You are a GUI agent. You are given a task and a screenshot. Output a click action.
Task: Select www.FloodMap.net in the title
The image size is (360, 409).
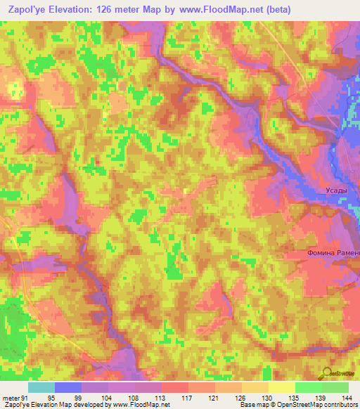tap(219, 10)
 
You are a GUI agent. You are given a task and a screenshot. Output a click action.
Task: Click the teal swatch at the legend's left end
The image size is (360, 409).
tap(41, 387)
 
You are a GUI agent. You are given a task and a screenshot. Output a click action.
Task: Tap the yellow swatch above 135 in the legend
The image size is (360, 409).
tap(281, 387)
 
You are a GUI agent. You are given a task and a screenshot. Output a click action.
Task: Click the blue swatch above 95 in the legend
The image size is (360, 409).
tap(68, 387)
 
